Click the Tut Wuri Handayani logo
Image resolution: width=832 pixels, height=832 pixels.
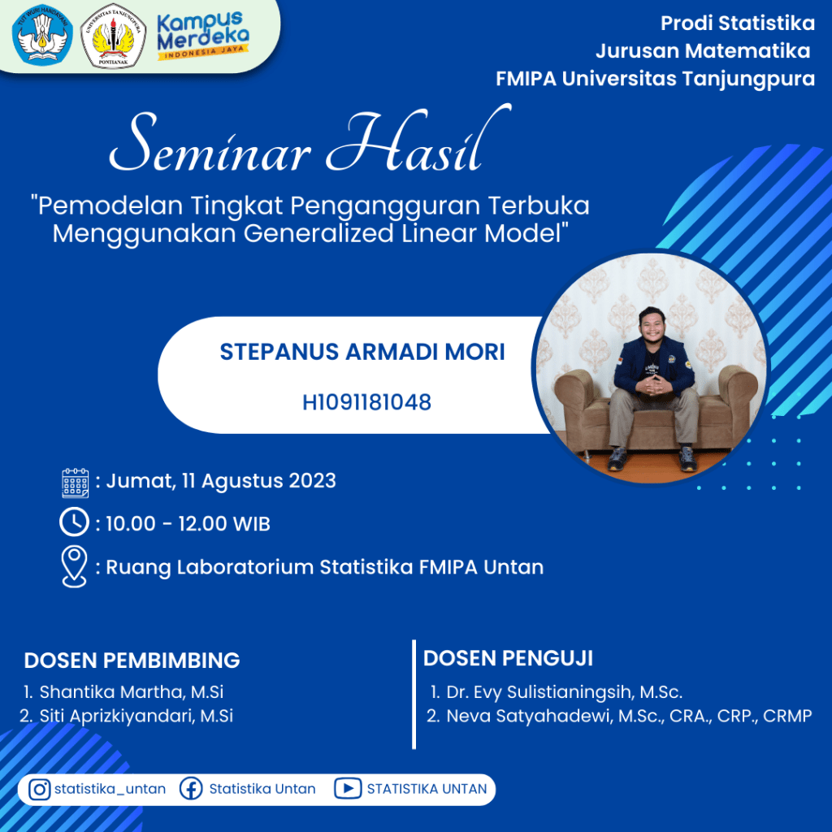point(42,35)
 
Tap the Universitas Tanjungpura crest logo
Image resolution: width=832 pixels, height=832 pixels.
point(113,36)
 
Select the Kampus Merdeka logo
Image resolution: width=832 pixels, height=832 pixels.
point(202,35)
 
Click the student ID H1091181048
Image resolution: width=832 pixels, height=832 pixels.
point(366,402)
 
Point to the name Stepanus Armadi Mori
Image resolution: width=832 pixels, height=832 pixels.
point(362,352)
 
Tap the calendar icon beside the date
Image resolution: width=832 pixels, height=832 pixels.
point(76,483)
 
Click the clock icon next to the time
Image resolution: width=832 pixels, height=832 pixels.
point(74,522)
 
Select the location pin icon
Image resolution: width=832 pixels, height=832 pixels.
point(74,566)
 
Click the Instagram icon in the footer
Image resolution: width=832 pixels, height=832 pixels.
point(39,790)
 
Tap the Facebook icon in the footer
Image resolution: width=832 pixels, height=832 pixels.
point(191,789)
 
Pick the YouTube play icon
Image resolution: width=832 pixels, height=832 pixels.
point(348,788)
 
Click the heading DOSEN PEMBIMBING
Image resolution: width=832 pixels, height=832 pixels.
point(132,661)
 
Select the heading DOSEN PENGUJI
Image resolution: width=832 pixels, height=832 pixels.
point(508,658)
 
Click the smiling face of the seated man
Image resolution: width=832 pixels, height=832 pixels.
point(651,323)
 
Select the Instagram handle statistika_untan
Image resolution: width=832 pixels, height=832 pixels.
point(110,789)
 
